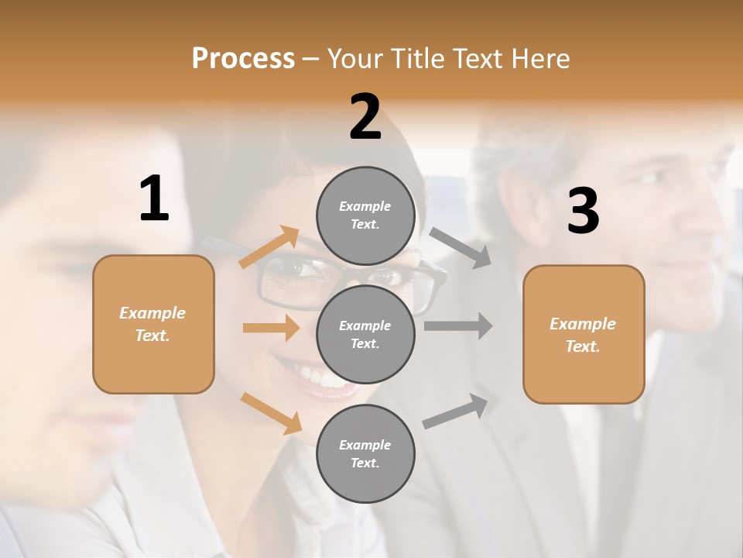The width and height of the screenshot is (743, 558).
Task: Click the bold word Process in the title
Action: (x=243, y=58)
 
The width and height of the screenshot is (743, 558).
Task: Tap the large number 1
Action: (x=154, y=198)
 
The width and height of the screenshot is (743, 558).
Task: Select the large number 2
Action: (x=365, y=117)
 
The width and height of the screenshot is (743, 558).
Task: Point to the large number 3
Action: (x=583, y=212)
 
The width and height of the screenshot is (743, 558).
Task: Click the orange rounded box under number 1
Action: (x=153, y=324)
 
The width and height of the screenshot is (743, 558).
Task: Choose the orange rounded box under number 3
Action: (x=584, y=335)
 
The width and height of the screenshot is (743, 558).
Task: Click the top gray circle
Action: (x=365, y=215)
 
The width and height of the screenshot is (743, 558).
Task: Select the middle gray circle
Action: (x=365, y=334)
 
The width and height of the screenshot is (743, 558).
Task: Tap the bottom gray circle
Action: (x=365, y=453)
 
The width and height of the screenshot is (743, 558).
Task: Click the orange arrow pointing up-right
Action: (x=269, y=247)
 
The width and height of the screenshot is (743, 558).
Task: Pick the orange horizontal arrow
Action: (x=271, y=328)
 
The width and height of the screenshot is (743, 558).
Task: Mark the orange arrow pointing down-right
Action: (x=271, y=413)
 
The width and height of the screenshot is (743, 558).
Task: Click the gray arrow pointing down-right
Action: (x=461, y=248)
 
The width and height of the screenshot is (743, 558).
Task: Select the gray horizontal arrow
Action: (x=457, y=326)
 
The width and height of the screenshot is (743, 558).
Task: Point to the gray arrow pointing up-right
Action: (x=456, y=412)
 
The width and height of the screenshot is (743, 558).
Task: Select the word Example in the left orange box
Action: (x=152, y=313)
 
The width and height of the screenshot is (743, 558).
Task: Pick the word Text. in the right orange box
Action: (x=583, y=346)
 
